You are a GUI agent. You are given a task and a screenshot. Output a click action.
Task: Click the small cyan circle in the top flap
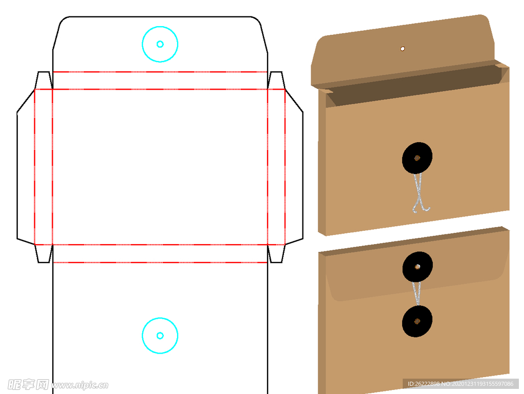160,44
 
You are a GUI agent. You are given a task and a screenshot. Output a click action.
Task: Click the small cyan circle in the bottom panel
160,336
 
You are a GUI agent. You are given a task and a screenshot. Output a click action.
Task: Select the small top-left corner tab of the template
44,80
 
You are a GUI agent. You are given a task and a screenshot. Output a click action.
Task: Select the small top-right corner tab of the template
276,80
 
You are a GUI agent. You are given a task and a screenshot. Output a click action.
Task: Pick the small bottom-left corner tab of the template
44,254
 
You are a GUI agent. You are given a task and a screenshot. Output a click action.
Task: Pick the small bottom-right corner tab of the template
276,254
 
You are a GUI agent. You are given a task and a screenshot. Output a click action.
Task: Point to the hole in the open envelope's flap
403,49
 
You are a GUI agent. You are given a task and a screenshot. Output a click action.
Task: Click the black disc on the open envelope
417,158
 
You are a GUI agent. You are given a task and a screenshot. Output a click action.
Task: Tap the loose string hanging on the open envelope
419,193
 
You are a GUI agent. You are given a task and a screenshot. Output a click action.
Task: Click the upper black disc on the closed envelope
418,267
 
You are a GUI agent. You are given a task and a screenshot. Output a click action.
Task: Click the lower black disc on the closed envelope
417,321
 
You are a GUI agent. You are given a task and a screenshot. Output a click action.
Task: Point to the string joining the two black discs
417,293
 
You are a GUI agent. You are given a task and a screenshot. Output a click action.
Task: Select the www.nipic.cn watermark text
80,385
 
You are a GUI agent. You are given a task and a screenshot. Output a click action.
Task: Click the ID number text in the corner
461,384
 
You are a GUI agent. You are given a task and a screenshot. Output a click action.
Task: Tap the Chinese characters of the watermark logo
28,385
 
